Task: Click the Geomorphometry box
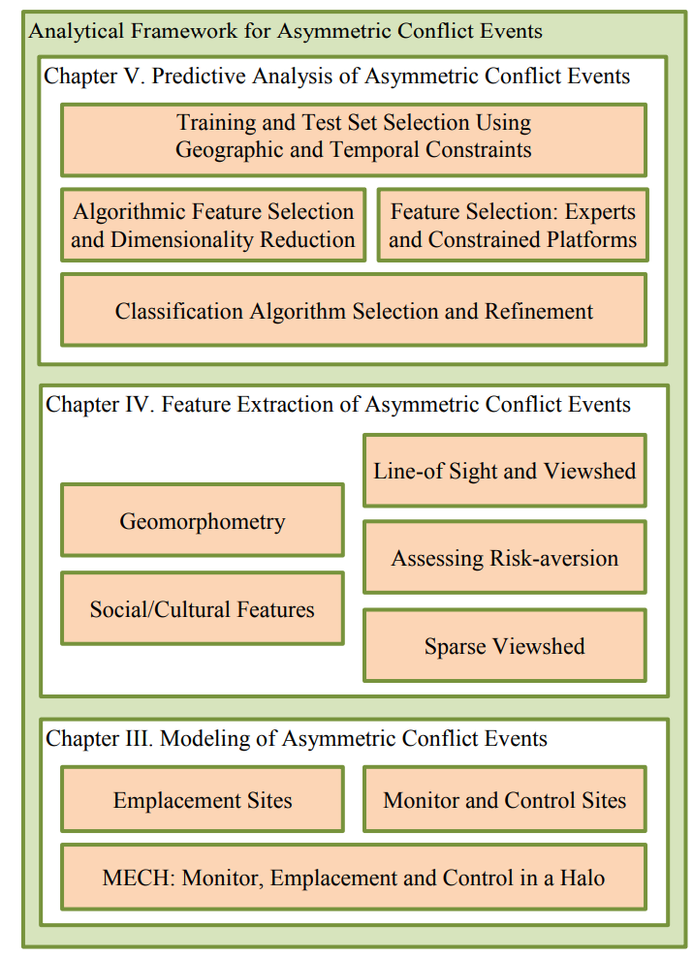coord(203,520)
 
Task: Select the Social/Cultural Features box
coord(203,608)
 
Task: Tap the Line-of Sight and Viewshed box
coord(505,471)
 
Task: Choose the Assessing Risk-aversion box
coord(505,557)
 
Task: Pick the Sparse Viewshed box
coord(505,645)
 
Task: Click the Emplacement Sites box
coord(203,799)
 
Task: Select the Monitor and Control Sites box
coord(505,799)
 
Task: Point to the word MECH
coord(139,878)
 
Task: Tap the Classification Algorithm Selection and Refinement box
coord(354,310)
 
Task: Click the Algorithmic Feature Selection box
coord(213,225)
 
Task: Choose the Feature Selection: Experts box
coord(513,225)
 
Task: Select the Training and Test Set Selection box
coord(354,140)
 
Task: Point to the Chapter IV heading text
coord(338,405)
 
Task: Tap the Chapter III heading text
coord(297,738)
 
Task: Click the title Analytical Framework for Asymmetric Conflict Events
coord(286,31)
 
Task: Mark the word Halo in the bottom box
coord(583,878)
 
